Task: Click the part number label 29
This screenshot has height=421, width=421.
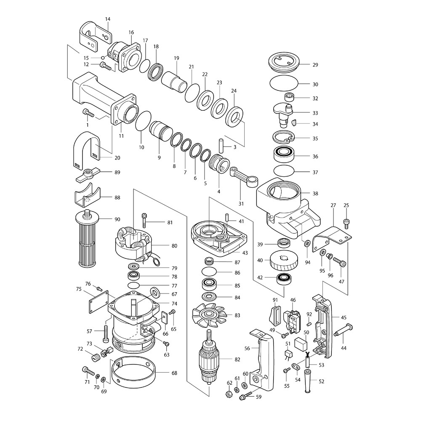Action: (x=315, y=65)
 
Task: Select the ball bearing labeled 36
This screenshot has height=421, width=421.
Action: (x=285, y=156)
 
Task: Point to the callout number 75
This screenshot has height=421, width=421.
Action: (x=78, y=289)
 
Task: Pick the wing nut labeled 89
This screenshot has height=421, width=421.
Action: (x=89, y=174)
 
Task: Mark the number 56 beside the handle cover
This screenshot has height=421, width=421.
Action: (x=247, y=348)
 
